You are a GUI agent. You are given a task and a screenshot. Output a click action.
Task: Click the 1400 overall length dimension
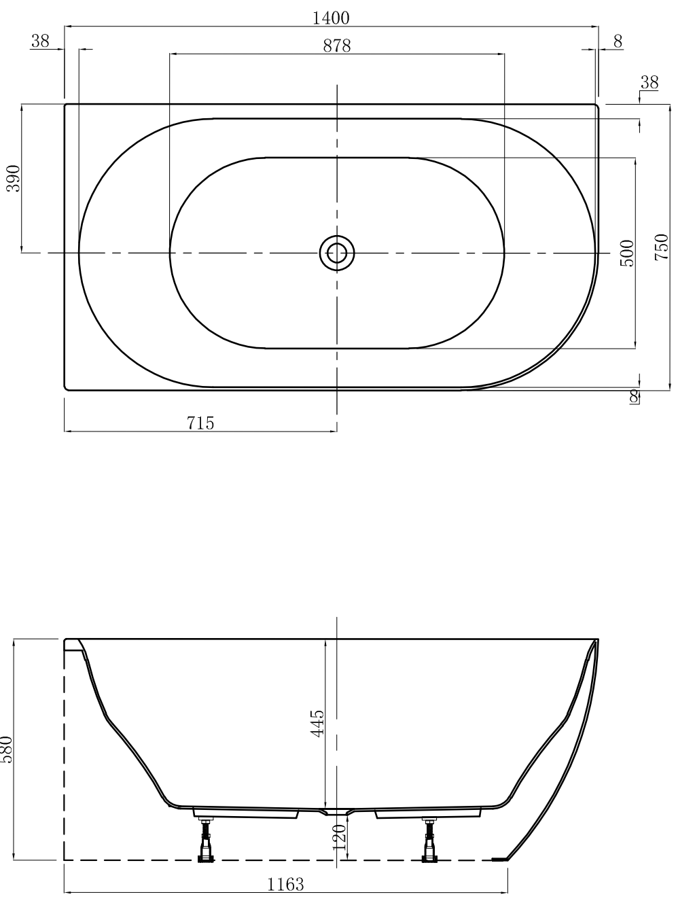pyautogui.click(x=331, y=18)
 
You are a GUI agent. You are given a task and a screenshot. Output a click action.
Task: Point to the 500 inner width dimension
pyautogui.click(x=627, y=253)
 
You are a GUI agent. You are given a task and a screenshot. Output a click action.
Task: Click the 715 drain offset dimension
pyautogui.click(x=200, y=423)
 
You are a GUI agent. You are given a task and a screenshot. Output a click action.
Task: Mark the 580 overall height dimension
pyautogui.click(x=6, y=749)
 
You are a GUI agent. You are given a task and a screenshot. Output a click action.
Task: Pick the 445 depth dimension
pyautogui.click(x=317, y=723)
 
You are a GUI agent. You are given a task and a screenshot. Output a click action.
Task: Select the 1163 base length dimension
pyautogui.click(x=285, y=884)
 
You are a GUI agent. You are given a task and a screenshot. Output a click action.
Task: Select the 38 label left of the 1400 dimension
pyautogui.click(x=40, y=41)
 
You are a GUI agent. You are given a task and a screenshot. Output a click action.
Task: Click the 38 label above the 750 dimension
pyautogui.click(x=649, y=82)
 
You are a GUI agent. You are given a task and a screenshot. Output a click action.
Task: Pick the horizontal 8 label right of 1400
pyautogui.click(x=618, y=41)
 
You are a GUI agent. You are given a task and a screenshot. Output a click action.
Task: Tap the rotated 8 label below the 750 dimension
pyautogui.click(x=635, y=397)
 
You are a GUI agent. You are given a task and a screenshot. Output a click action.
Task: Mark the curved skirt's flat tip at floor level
pyautogui.click(x=500, y=859)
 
